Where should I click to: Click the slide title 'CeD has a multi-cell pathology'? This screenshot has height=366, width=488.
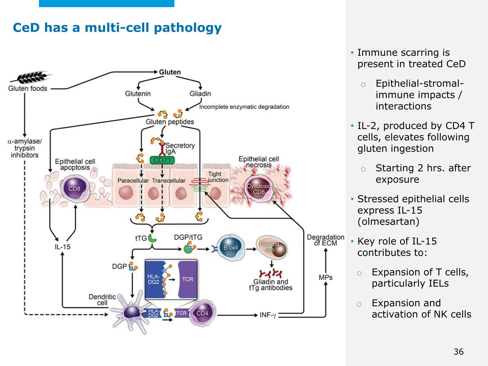[117, 28]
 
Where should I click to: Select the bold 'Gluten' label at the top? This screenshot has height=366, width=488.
[170, 72]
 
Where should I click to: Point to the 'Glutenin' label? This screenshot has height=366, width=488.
[138, 94]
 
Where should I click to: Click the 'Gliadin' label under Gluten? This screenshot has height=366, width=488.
[200, 94]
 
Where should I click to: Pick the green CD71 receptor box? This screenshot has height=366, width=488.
[162, 160]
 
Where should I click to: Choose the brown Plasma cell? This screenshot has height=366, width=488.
[272, 247]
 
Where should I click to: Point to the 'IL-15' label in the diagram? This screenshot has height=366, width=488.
[63, 247]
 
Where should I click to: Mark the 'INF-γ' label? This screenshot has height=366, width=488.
[268, 315]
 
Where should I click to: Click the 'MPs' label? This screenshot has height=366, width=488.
[325, 277]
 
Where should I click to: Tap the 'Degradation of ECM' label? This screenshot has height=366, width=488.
[325, 240]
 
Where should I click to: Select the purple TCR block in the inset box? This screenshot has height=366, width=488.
[187, 279]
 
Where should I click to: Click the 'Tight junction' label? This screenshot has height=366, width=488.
[218, 177]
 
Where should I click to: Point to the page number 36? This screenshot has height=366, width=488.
[458, 352]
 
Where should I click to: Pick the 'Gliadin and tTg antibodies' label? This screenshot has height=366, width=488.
[271, 285]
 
